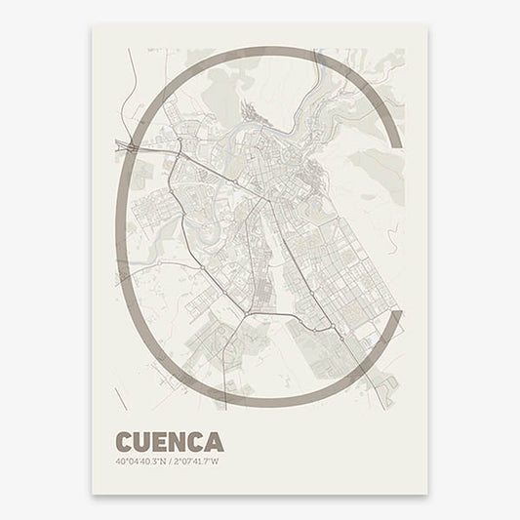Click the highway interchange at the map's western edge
(x=128, y=145)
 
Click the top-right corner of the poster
(x=427, y=24)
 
